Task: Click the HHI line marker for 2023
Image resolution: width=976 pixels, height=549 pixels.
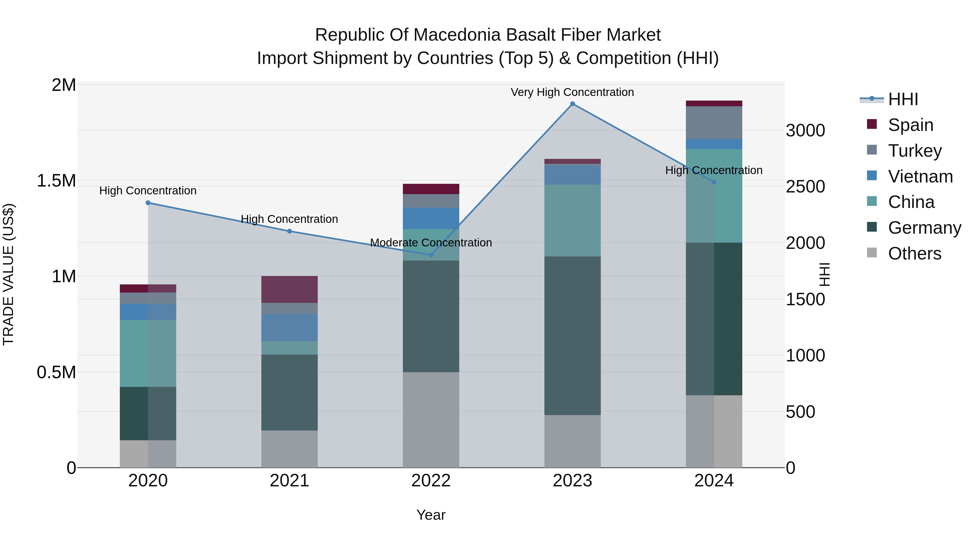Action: pyautogui.click(x=573, y=104)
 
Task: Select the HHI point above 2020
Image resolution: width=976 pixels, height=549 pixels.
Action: pyautogui.click(x=148, y=203)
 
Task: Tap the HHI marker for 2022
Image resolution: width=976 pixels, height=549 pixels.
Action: pyautogui.click(x=431, y=255)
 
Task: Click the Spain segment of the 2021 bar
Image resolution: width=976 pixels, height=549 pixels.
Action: pyautogui.click(x=290, y=290)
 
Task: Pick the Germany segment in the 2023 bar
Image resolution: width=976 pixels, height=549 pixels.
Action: pyautogui.click(x=573, y=336)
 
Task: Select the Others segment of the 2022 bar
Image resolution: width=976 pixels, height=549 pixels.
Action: pyautogui.click(x=431, y=420)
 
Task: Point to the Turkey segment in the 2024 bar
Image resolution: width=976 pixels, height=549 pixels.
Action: pyautogui.click(x=714, y=123)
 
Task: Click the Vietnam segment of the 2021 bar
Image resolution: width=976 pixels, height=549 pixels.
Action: pyautogui.click(x=290, y=327)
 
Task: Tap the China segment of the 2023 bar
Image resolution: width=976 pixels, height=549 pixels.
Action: pyautogui.click(x=573, y=220)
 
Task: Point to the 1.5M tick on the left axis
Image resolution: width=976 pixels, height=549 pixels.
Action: pyautogui.click(x=56, y=181)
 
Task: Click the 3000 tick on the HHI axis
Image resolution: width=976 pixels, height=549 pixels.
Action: pyautogui.click(x=805, y=130)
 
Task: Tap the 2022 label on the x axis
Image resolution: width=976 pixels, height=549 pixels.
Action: pyautogui.click(x=431, y=481)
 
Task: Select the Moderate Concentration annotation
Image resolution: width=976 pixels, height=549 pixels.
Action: pyautogui.click(x=431, y=242)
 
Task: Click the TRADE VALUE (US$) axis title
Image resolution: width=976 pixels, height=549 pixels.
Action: pyautogui.click(x=8, y=275)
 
